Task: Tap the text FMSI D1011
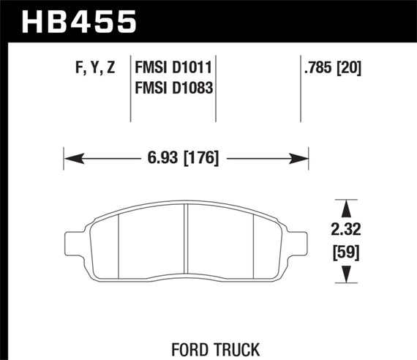[173, 70]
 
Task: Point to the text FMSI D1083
[173, 89]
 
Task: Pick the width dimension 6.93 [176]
[184, 157]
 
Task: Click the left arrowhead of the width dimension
[70, 157]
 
